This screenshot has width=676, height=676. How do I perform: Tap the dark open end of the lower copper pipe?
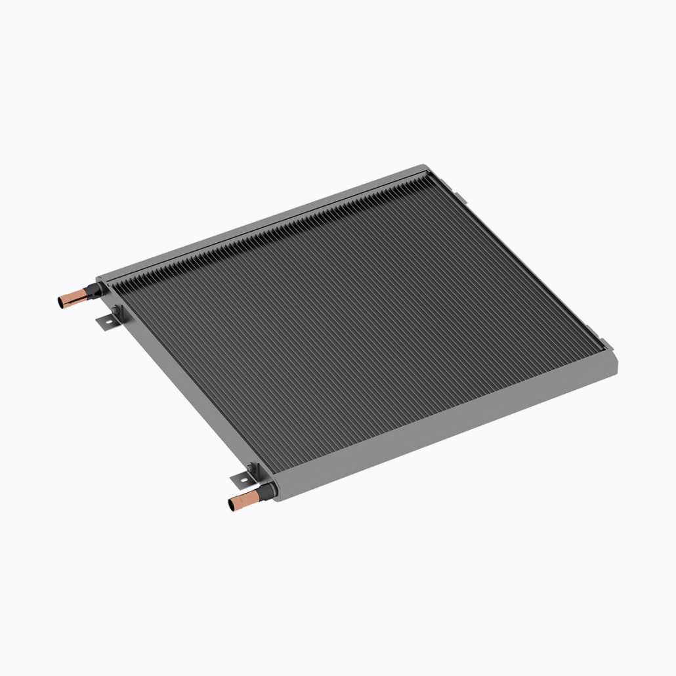click(x=232, y=505)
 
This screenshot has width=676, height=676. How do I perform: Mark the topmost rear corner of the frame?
click(x=423, y=168)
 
